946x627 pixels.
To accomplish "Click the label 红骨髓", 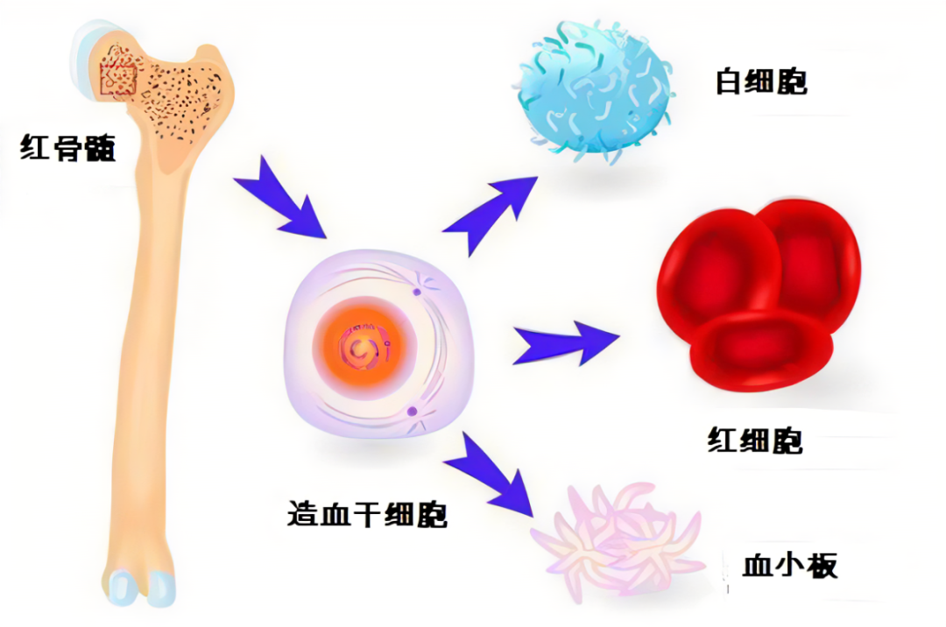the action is coord(67,148).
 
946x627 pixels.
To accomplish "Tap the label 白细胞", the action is coord(761,82).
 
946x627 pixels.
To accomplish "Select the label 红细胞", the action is coord(755,440).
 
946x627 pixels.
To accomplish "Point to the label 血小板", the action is coord(790,566).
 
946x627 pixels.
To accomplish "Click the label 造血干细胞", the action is coord(367,514).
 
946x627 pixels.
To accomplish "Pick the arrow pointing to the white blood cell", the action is coord(489,214).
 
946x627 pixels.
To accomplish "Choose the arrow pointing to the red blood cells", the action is coord(566,343).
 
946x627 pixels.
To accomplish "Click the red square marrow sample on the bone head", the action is coord(118,73).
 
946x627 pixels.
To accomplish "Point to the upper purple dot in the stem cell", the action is coord(417,292).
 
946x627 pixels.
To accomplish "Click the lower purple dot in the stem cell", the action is coord(412,412).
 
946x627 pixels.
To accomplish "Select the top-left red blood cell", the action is coord(718,268).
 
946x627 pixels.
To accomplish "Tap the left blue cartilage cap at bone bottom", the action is coord(121,588).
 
